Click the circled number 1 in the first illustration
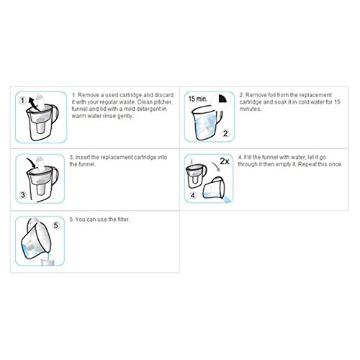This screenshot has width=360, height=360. tap(22, 100)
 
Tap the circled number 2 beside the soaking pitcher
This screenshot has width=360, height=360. tap(225, 133)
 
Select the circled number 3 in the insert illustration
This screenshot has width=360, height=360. tap(23, 194)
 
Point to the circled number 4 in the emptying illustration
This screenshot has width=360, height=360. tap(193, 195)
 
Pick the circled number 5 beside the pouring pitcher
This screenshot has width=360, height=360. tap(55, 225)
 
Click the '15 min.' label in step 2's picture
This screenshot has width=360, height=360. tap(197, 99)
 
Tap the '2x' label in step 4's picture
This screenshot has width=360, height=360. tap(225, 161)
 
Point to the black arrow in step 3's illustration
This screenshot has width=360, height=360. tap(32, 163)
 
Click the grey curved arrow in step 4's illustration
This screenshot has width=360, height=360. tap(216, 166)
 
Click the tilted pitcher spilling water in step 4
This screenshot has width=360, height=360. tap(214, 189)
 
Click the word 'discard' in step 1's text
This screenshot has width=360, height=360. tap(164, 95)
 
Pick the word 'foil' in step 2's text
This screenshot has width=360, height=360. tap(271, 95)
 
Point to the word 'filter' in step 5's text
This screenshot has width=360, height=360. tap(123, 220)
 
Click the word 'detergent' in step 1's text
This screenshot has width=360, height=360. tap(148, 109)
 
